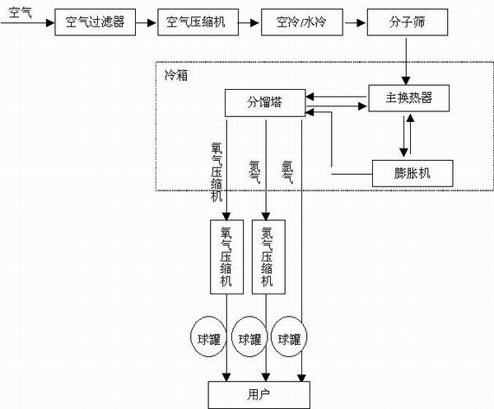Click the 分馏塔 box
(x=264, y=102)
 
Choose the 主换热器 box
(x=409, y=99)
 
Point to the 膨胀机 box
(x=409, y=173)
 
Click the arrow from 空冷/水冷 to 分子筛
(x=351, y=22)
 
